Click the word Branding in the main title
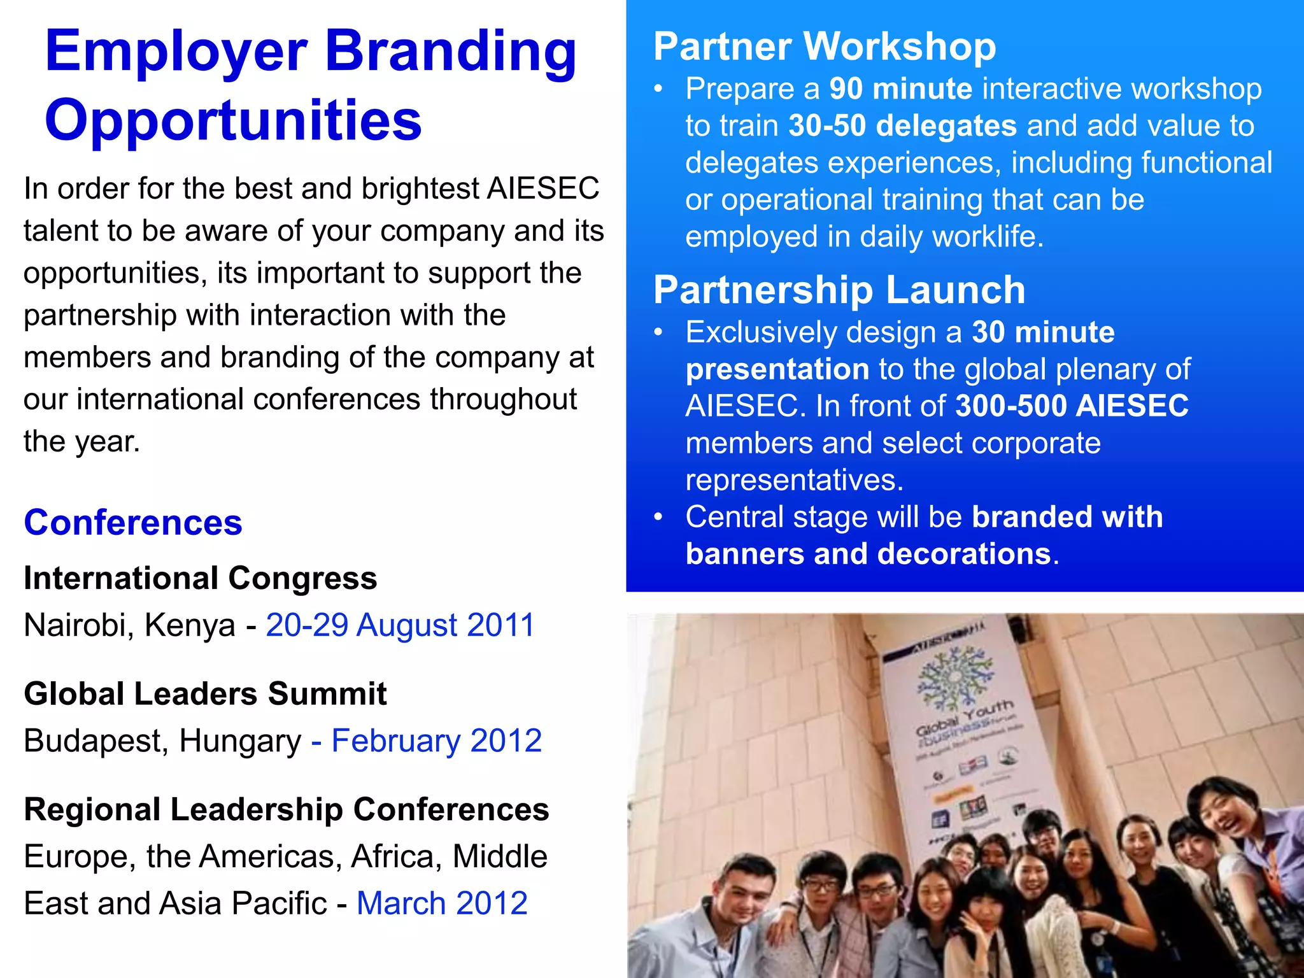[x=451, y=52]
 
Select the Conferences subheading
[x=133, y=523]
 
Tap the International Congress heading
[x=201, y=579]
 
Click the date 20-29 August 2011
[x=400, y=625]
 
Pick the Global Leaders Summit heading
[x=205, y=694]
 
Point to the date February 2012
[x=436, y=741]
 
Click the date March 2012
[x=442, y=904]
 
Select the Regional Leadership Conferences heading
[x=287, y=810]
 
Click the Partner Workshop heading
[x=825, y=47]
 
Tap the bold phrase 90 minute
[x=900, y=89]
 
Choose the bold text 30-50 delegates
[x=902, y=126]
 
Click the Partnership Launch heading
[x=839, y=290]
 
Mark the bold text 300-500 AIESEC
[x=1072, y=406]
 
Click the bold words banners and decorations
[x=868, y=554]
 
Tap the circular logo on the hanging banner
[x=954, y=678]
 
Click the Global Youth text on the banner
[x=965, y=716]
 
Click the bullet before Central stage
[x=659, y=517]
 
